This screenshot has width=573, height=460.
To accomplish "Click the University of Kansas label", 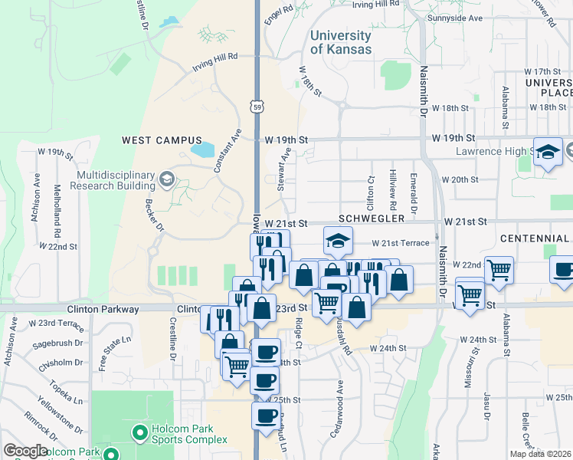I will (341, 42).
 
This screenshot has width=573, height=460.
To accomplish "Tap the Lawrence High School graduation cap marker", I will (548, 153).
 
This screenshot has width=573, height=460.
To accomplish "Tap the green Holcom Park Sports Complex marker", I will (139, 434).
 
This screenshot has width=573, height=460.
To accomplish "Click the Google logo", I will (25, 450).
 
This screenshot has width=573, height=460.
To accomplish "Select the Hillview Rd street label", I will (392, 190).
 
